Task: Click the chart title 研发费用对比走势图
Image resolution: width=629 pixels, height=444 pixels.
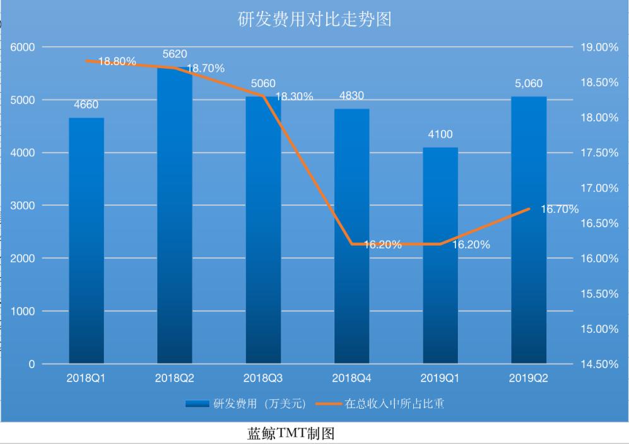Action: [314, 20]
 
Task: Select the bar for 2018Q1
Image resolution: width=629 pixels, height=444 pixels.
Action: [86, 240]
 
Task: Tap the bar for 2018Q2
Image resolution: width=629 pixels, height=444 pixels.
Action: [175, 215]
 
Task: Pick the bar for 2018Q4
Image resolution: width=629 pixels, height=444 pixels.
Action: [351, 236]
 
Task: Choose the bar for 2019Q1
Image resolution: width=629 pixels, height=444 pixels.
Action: [440, 255]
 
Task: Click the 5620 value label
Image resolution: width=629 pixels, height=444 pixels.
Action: [175, 54]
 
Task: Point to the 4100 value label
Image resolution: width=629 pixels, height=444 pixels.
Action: [440, 135]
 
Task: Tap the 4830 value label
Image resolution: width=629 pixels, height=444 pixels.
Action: [351, 96]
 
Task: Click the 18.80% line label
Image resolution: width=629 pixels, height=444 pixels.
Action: [117, 61]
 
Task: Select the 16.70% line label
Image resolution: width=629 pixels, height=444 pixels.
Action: [559, 210]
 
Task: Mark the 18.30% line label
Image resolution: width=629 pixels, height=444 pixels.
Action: [294, 97]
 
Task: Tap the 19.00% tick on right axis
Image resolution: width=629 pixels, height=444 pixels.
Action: [599, 47]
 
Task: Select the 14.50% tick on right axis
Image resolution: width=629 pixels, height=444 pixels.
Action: [599, 364]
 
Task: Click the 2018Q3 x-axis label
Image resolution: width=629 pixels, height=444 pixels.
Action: [263, 378]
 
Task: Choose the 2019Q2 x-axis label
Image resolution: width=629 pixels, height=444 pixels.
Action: [528, 378]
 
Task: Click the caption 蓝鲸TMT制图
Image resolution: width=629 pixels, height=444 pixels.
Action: [290, 435]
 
